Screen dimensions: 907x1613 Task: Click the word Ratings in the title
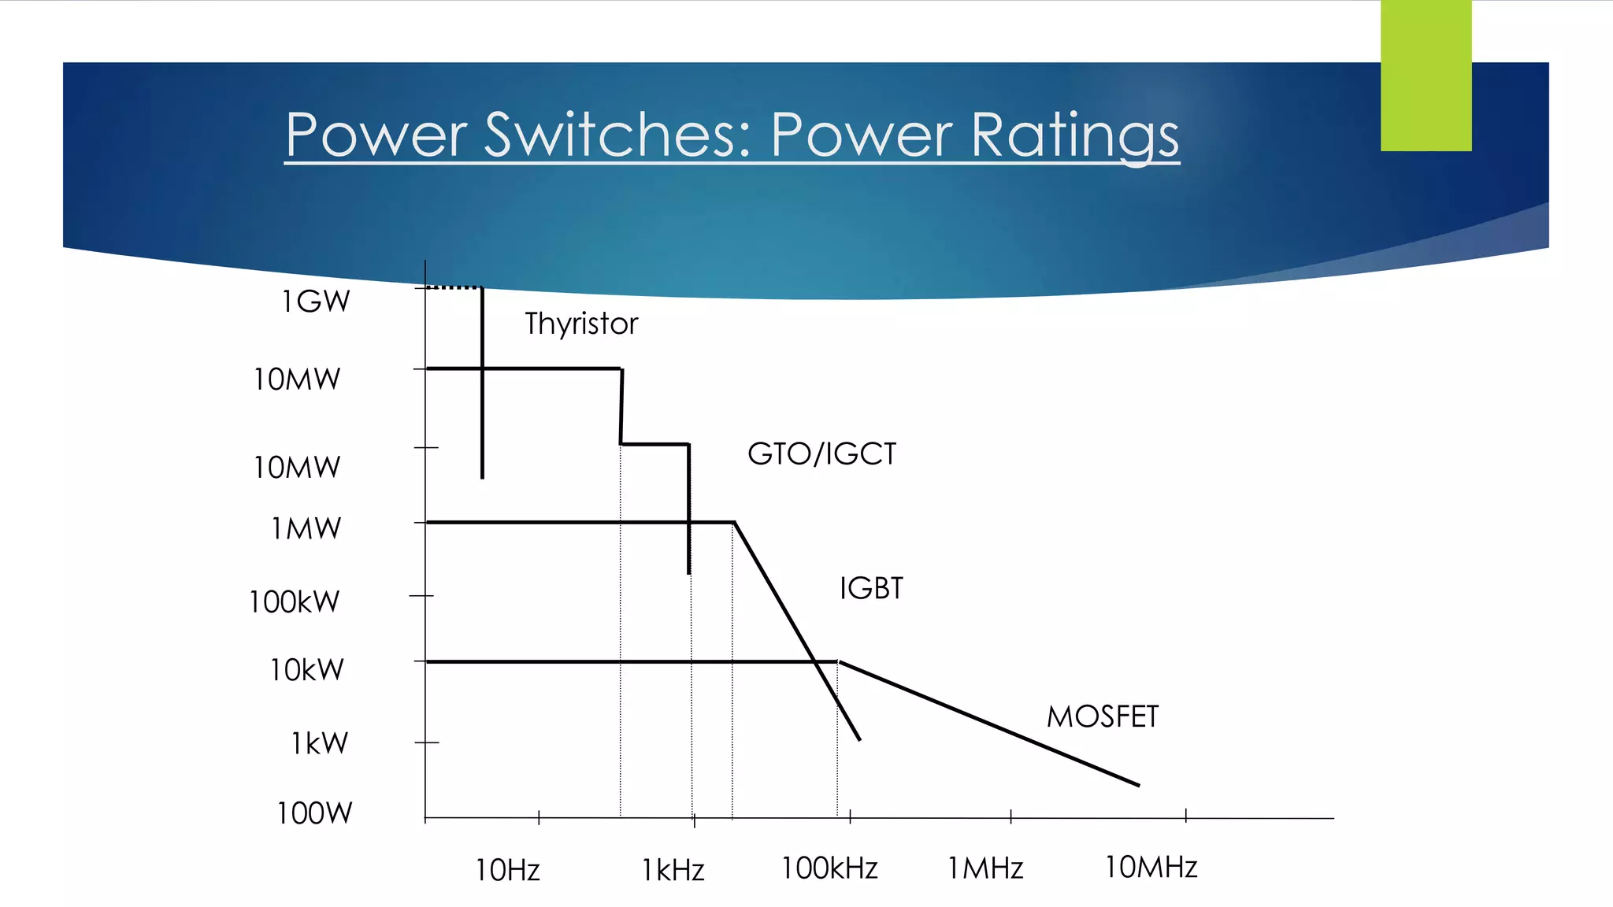[1074, 136]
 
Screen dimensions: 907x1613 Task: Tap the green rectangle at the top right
[1426, 76]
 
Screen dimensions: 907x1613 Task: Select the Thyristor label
[581, 324]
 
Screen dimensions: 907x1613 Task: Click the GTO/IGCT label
[821, 454]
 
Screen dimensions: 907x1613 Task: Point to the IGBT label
[871, 588]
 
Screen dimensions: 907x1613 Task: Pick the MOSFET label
[1102, 716]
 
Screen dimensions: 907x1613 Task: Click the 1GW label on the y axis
[316, 302]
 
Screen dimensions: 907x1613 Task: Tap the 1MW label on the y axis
[306, 528]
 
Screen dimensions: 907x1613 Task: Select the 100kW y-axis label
[295, 602]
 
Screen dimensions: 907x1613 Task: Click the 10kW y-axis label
[306, 670]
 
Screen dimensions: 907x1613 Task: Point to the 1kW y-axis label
[319, 743]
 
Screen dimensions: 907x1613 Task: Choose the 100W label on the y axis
[314, 813]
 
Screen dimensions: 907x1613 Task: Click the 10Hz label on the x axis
[507, 870]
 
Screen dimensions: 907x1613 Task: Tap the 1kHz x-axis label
[673, 870]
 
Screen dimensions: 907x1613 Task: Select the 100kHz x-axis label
[829, 868]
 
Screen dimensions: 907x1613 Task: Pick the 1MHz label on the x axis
[984, 868]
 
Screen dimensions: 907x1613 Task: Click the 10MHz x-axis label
[1151, 867]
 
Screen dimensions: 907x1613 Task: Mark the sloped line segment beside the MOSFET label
[988, 723]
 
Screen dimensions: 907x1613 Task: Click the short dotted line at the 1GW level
[454, 287]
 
